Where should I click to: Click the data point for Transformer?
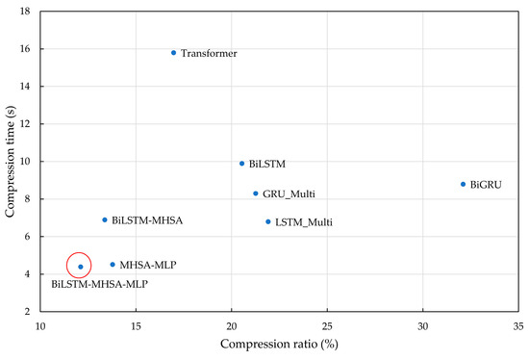[x=173, y=53]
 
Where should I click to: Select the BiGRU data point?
[x=463, y=184]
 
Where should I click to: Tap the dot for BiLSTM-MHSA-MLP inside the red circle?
[x=81, y=267]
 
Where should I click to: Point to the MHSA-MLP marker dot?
[x=113, y=264]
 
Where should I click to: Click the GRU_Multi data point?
[x=256, y=193]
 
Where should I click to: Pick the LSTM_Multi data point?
[x=268, y=222]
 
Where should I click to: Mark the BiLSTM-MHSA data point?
[x=105, y=219]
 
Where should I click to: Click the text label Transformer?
[x=209, y=54]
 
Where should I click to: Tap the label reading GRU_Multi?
[x=289, y=194]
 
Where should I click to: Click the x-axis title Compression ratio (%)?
[x=279, y=344]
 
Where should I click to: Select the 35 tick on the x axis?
[x=517, y=325]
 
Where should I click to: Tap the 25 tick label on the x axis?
[x=327, y=325]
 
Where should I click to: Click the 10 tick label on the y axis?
[x=26, y=162]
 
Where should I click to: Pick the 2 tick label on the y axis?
[x=29, y=312]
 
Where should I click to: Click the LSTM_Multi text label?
[x=304, y=223]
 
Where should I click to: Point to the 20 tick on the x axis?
[x=232, y=325]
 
